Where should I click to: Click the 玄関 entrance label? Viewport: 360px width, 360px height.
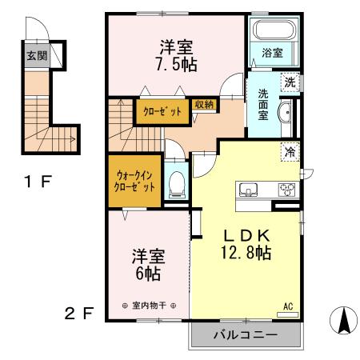point(37,56)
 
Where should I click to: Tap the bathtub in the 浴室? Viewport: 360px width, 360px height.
point(274,30)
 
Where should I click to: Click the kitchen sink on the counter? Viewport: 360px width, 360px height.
point(248,190)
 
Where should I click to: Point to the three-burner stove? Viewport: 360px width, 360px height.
point(286,190)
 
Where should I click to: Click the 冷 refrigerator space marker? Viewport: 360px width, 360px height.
point(290,152)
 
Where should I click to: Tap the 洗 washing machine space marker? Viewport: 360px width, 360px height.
point(290,82)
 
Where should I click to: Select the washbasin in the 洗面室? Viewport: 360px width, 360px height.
point(285,113)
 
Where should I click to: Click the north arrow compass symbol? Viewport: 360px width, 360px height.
point(343,320)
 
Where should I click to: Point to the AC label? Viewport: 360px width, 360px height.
point(288,306)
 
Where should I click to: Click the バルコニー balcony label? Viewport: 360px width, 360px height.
point(246,334)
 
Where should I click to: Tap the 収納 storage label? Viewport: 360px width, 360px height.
point(204,105)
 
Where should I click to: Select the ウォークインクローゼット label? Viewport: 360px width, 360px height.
point(134,182)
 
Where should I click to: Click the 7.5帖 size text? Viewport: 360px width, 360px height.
point(177,65)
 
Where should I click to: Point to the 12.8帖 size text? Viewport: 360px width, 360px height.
point(246,253)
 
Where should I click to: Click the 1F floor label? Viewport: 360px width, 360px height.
point(38,182)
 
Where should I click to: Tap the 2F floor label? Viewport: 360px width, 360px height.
point(79,313)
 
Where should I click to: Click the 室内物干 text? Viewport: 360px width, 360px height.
point(149,306)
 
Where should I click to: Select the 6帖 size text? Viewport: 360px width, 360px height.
point(148,274)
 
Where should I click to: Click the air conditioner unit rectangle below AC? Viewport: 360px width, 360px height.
point(287,315)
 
